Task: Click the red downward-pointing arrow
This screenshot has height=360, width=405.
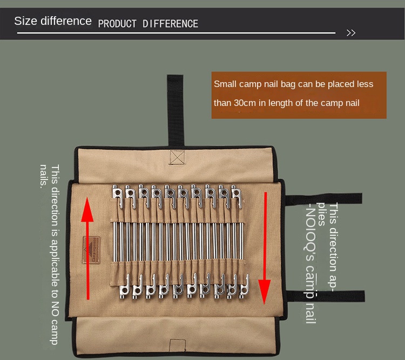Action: (x=265, y=249)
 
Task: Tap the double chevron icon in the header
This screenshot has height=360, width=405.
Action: (x=351, y=33)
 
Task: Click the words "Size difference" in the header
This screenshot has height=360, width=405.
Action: (x=53, y=21)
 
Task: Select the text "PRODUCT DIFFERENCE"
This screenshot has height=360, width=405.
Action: (x=148, y=24)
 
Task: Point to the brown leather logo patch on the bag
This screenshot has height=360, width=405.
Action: (x=90, y=250)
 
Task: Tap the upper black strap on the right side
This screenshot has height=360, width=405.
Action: (x=324, y=199)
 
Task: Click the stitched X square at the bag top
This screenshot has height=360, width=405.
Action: (x=177, y=157)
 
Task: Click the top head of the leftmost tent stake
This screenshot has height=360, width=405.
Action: (x=117, y=192)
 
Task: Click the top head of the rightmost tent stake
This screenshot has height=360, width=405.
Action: (x=235, y=192)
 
